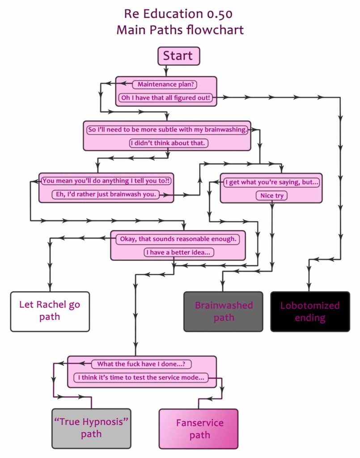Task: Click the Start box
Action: click(x=178, y=56)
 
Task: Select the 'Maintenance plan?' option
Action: click(x=167, y=84)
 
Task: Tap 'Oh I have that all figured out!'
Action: click(x=165, y=97)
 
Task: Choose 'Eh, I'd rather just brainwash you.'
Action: click(x=106, y=195)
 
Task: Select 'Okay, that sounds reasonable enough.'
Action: click(x=178, y=239)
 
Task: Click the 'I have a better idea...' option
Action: click(x=179, y=252)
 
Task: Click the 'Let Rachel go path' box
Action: click(x=50, y=311)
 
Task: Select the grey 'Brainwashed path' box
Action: click(x=223, y=311)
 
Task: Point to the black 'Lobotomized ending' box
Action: click(x=310, y=311)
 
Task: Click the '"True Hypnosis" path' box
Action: click(x=91, y=428)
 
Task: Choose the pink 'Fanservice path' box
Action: click(x=199, y=428)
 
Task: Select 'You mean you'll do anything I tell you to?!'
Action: click(x=106, y=181)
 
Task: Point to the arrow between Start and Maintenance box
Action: click(x=166, y=70)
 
